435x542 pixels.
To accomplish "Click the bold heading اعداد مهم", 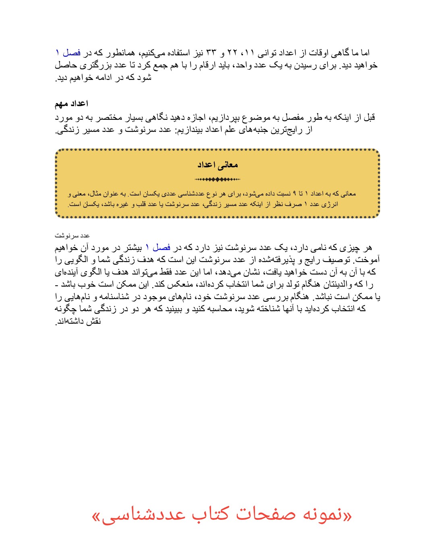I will (71, 104).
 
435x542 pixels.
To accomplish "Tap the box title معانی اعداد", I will (217, 164).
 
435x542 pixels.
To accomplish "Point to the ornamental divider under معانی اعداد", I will (217, 179).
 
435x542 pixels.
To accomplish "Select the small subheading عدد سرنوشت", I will (72, 235).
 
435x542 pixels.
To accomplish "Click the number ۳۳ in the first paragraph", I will (211, 53).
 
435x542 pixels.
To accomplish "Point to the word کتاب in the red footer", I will (209, 515).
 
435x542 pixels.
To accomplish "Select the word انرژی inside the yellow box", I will (328, 204).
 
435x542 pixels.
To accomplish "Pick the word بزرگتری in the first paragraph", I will (93, 65).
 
